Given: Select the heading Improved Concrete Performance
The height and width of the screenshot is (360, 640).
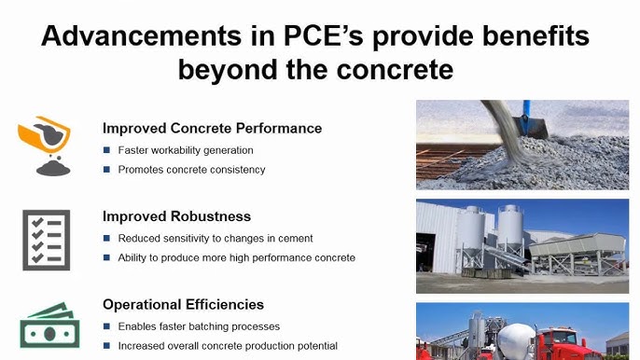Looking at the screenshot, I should pyautogui.click(x=212, y=128).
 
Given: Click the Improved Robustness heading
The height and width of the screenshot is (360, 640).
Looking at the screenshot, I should pyautogui.click(x=176, y=216).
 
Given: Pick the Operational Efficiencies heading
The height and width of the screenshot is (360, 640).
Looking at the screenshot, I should pyautogui.click(x=183, y=304).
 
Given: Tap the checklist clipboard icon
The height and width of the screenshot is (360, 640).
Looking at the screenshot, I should pyautogui.click(x=46, y=240).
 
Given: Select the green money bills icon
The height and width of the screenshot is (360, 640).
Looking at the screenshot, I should pyautogui.click(x=46, y=325).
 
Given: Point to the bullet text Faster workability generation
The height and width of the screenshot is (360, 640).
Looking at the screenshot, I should pyautogui.click(x=185, y=150).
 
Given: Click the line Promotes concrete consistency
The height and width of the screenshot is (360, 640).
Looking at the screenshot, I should pyautogui.click(x=191, y=169).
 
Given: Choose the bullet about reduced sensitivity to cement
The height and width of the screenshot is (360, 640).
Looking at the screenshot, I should pyautogui.click(x=215, y=239).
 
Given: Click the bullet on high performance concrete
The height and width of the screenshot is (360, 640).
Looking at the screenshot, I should pyautogui.click(x=236, y=257).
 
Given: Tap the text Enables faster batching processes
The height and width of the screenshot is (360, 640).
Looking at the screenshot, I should pyautogui.click(x=199, y=326).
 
